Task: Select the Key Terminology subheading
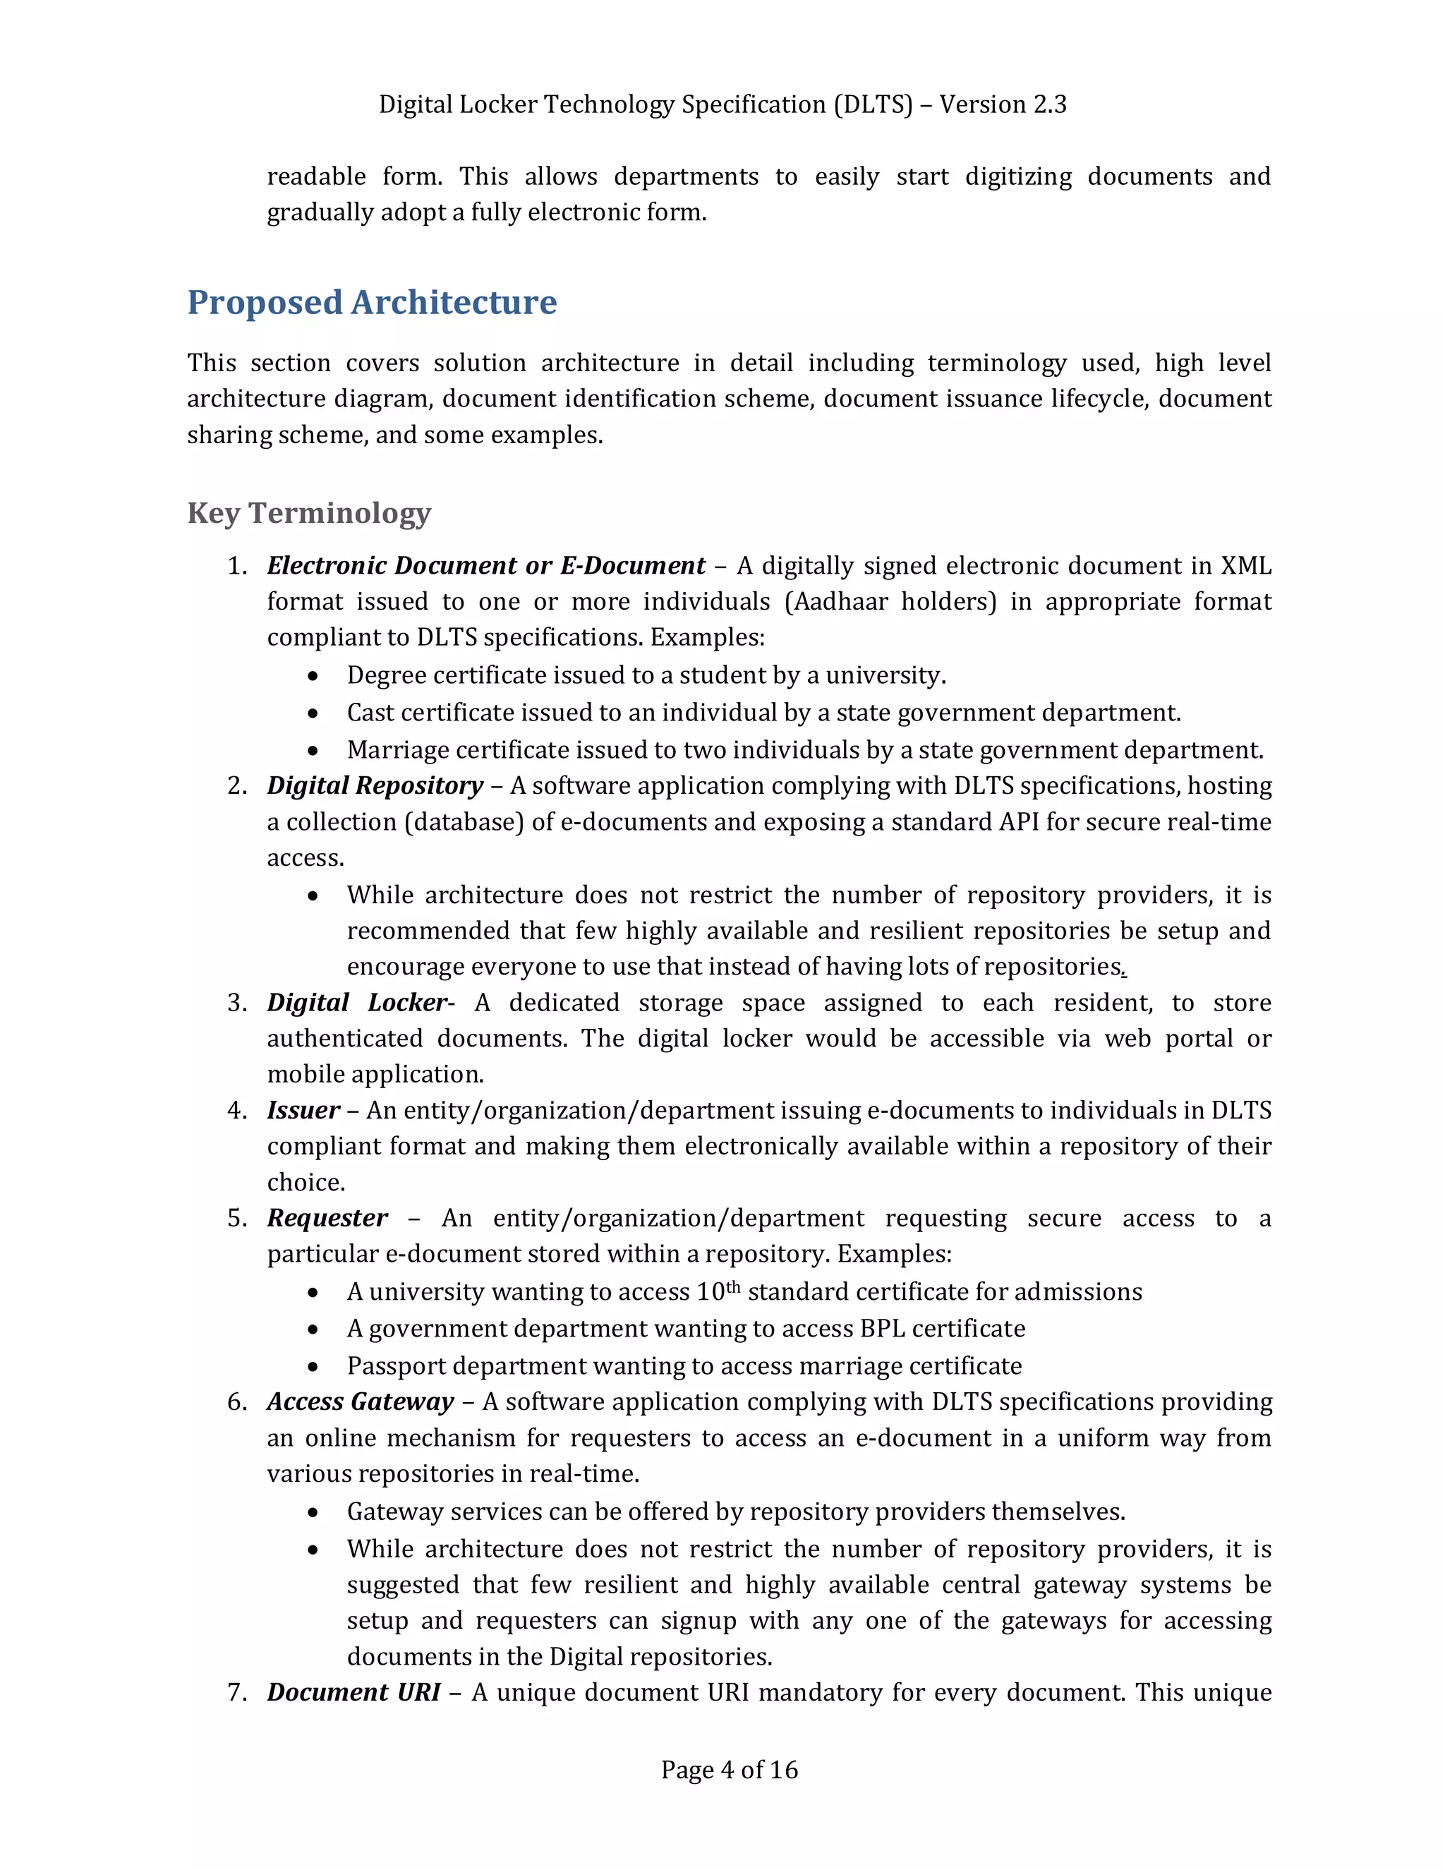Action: [x=309, y=513]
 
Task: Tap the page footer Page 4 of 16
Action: [x=730, y=1770]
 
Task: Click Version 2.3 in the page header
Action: [x=1003, y=104]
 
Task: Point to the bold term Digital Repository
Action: [x=375, y=786]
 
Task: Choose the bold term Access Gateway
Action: [x=361, y=1401]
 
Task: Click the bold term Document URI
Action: [x=353, y=1693]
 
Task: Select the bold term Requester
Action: [x=327, y=1219]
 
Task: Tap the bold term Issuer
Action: [x=303, y=1111]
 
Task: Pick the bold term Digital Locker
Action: [x=357, y=1003]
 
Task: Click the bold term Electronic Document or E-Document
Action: [x=485, y=566]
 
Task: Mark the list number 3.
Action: [x=236, y=1003]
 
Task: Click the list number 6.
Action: [x=236, y=1401]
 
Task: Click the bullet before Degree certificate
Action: [x=314, y=677]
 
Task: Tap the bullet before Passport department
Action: [x=314, y=1367]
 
